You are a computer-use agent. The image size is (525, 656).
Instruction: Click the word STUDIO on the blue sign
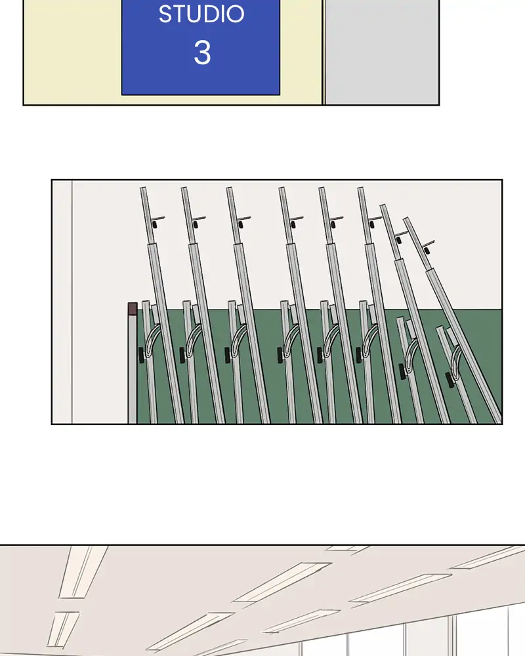(201, 14)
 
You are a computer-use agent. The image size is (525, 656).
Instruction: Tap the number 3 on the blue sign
(202, 52)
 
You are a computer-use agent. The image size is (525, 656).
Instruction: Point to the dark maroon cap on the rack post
(133, 309)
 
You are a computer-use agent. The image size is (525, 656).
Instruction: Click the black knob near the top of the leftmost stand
(154, 224)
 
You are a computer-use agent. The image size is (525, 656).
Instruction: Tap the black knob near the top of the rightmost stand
(427, 251)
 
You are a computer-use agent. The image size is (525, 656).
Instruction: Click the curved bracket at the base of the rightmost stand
(456, 362)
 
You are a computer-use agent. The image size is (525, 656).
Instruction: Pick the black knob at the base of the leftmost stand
(141, 355)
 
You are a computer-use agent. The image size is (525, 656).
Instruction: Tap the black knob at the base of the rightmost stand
(450, 380)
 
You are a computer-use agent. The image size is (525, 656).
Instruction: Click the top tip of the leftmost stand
(142, 188)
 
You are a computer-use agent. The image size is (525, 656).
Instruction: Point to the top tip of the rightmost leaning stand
(406, 218)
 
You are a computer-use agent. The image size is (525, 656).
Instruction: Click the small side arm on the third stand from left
(243, 218)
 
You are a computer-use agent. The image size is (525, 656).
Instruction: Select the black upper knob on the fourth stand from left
(293, 224)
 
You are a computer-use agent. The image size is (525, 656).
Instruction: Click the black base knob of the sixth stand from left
(359, 355)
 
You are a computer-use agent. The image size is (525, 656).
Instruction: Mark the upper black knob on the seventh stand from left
(398, 240)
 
